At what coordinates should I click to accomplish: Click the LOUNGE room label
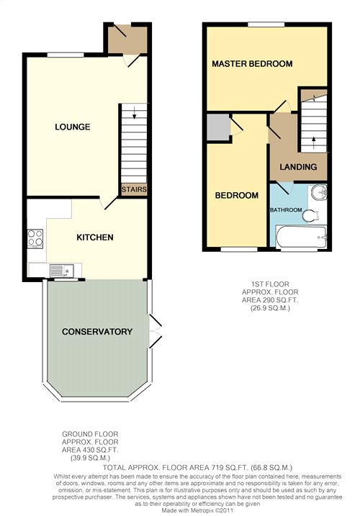click(73, 127)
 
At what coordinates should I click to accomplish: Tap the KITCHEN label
click(95, 237)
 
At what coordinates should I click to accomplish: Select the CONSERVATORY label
click(97, 332)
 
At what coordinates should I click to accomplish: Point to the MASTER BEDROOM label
click(252, 64)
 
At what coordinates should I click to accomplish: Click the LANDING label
click(299, 167)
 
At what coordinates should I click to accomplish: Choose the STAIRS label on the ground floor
click(134, 189)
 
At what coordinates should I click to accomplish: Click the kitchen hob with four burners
click(35, 238)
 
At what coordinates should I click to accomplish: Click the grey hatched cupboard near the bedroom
click(215, 127)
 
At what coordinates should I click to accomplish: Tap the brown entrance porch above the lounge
click(127, 39)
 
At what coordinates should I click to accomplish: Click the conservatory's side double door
click(153, 329)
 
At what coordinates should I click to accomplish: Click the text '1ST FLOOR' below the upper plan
click(265, 283)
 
